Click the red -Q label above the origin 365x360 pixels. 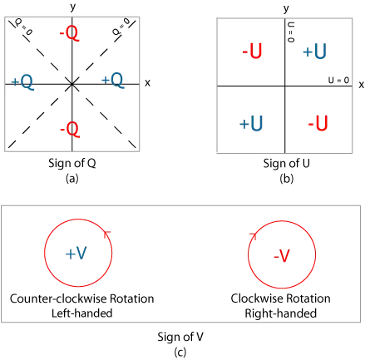tap(70, 34)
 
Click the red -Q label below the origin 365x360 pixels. tap(70, 130)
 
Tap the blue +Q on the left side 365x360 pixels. tap(22, 82)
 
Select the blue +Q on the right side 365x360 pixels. tap(112, 81)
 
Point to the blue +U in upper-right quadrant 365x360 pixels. tap(314, 52)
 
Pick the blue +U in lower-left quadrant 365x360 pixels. tap(251, 123)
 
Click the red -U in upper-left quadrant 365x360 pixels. tap(252, 51)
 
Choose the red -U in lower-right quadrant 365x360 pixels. tap(318, 123)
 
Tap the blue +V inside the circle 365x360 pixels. tap(76, 254)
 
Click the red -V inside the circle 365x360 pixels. tap(282, 255)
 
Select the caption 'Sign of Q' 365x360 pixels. tap(72, 163)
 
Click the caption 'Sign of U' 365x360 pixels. tap(286, 163)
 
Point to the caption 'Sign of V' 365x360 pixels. tap(180, 337)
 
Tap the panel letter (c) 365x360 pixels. tap(180, 353)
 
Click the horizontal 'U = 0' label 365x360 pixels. tap(338, 81)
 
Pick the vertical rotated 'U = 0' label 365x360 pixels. tap(291, 32)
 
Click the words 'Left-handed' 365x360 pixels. tap(82, 313)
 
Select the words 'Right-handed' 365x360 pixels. tap(281, 313)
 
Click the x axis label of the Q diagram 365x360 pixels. tap(147, 83)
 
